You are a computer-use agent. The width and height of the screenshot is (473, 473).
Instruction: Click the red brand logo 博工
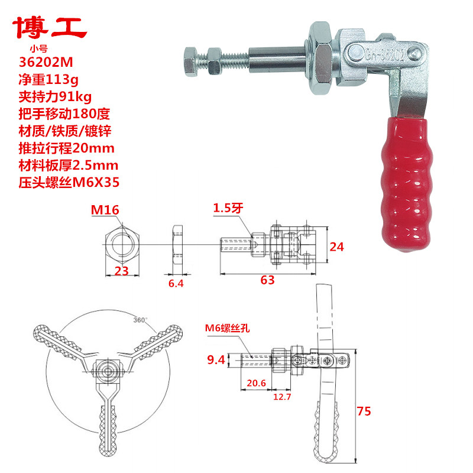coord(50,27)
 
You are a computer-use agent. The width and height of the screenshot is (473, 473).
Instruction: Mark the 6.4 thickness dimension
coord(176,284)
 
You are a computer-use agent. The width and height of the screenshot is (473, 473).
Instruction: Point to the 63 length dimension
coord(267,280)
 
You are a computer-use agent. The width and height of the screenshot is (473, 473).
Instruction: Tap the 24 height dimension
coord(337,247)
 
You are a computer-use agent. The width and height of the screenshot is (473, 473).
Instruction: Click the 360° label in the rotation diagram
coord(140,320)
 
